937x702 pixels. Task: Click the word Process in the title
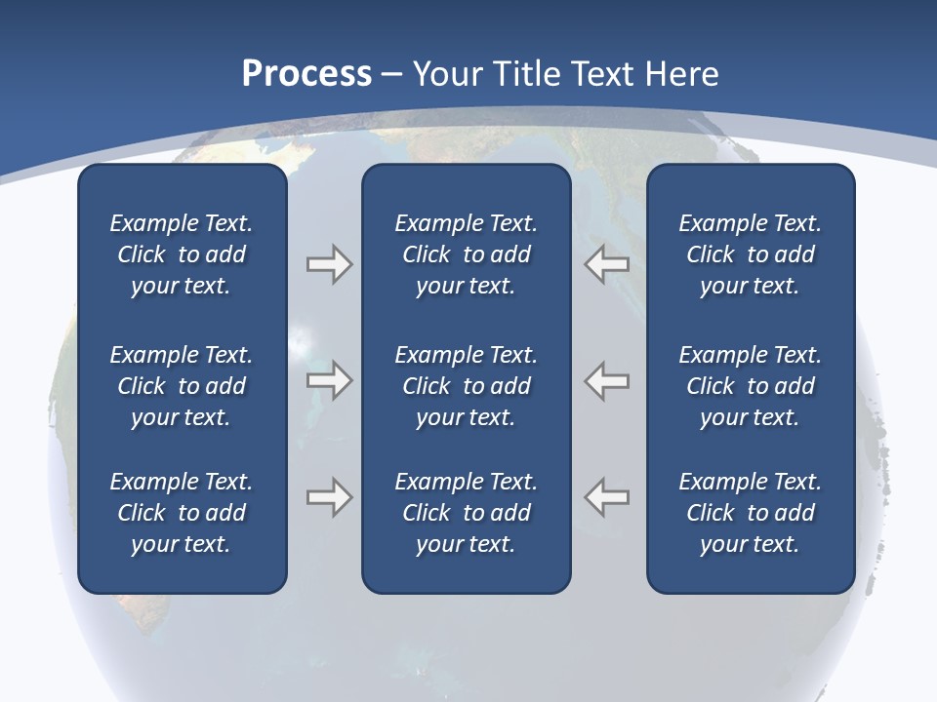click(306, 74)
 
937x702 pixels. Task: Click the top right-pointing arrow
click(329, 264)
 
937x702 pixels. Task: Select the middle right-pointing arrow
click(329, 380)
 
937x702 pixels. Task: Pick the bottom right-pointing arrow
click(329, 496)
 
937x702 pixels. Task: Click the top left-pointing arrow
click(607, 264)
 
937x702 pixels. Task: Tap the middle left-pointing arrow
click(607, 380)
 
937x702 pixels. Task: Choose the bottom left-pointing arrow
click(607, 496)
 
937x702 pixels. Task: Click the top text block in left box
click(182, 254)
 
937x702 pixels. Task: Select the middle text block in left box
click(182, 386)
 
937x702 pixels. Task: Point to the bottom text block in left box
click(182, 513)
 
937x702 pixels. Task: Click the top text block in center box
click(466, 254)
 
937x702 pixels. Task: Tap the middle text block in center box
click(466, 386)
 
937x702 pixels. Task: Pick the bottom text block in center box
click(466, 513)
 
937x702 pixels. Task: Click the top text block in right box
click(750, 254)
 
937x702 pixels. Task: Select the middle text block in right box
click(750, 386)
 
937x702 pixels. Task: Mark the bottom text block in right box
click(750, 513)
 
